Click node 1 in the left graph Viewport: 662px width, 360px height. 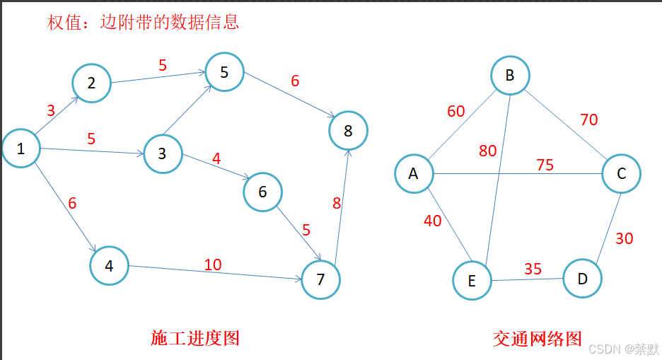pyautogui.click(x=21, y=149)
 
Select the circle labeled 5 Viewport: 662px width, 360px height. pyautogui.click(x=224, y=71)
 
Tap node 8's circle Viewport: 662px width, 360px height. pyautogui.click(x=348, y=130)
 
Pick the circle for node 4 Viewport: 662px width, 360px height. pyautogui.click(x=109, y=266)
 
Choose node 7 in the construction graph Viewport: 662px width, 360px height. pyautogui.click(x=320, y=279)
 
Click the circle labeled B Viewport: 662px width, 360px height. pyautogui.click(x=509, y=76)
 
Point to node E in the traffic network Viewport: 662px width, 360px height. pyautogui.click(x=472, y=281)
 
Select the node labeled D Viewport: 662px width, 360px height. pyautogui.click(x=582, y=279)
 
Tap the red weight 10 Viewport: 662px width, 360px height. pyautogui.click(x=213, y=265)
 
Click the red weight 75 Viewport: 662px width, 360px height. pyautogui.click(x=545, y=165)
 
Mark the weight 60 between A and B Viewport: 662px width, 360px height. pyautogui.click(x=456, y=111)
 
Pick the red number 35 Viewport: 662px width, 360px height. pyautogui.click(x=533, y=269)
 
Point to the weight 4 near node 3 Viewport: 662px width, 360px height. pyautogui.click(x=216, y=158)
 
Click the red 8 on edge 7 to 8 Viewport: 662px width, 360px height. pyautogui.click(x=337, y=204)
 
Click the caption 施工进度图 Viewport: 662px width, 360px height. pyautogui.click(x=195, y=338)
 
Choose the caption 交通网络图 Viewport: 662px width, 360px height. pyautogui.click(x=538, y=338)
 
